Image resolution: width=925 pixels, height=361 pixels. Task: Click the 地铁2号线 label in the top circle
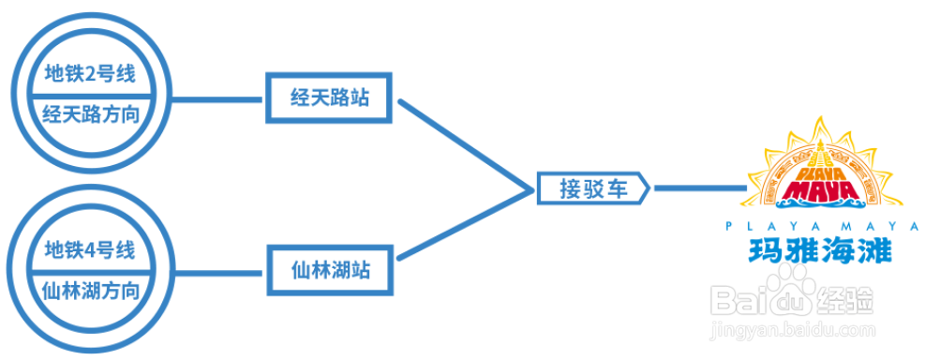click(x=90, y=72)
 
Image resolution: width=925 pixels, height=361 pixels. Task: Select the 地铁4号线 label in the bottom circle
click(x=90, y=250)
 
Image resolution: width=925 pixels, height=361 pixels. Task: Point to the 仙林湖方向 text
click(x=91, y=292)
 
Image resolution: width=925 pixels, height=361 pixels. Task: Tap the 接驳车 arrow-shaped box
click(x=593, y=188)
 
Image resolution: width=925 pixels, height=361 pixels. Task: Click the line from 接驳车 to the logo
click(x=698, y=188)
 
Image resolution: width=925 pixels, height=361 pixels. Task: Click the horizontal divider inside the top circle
click(x=91, y=94)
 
